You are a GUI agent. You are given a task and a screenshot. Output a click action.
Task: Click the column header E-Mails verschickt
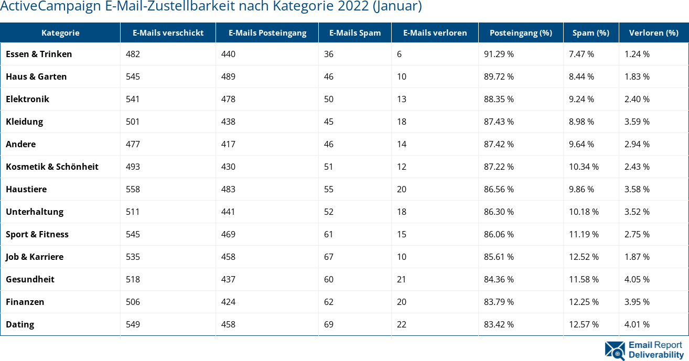point(168,32)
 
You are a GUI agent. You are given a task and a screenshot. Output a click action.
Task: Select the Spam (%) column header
point(590,32)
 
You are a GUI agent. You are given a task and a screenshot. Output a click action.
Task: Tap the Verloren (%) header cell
point(653,32)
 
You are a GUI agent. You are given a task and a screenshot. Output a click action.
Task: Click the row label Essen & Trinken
point(39,54)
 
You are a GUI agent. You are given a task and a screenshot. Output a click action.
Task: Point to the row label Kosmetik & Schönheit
point(52,167)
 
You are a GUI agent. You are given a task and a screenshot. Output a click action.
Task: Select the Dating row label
point(20,324)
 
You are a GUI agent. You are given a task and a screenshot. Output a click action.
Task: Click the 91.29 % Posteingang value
point(499,54)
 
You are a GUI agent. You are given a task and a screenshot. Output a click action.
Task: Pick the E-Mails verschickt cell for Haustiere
point(133,189)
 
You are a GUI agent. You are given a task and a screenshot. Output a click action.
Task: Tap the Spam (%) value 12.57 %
point(584,324)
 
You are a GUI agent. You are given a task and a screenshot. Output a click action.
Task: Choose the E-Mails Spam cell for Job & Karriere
point(329,257)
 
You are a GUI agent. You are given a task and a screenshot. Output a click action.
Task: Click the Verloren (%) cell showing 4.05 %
point(637,279)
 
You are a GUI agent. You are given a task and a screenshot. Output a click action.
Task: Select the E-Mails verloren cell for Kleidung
point(402,122)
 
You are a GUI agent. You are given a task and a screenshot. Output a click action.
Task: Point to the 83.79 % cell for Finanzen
point(499,302)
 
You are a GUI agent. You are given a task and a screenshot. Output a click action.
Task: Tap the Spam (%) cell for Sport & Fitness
point(584,234)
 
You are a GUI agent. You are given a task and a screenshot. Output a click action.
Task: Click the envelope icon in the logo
point(615,351)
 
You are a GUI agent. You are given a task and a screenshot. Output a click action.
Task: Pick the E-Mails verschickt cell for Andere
point(133,144)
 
